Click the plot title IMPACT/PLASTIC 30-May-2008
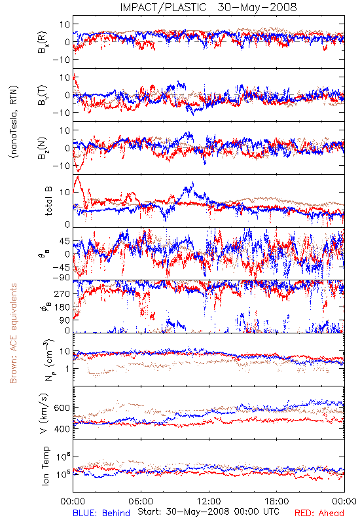click(208, 7)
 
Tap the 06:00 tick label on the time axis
click(141, 501)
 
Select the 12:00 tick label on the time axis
click(209, 501)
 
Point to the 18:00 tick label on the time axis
click(277, 501)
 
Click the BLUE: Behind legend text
click(101, 513)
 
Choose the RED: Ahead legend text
click(319, 513)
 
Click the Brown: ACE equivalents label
click(13, 333)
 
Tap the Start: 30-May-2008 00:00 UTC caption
click(208, 512)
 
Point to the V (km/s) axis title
click(45, 413)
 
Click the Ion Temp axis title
click(45, 466)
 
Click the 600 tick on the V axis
click(62, 407)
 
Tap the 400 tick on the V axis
click(62, 429)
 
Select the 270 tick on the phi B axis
click(62, 293)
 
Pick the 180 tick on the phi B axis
click(62, 307)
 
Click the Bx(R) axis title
click(43, 42)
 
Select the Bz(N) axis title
click(43, 148)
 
